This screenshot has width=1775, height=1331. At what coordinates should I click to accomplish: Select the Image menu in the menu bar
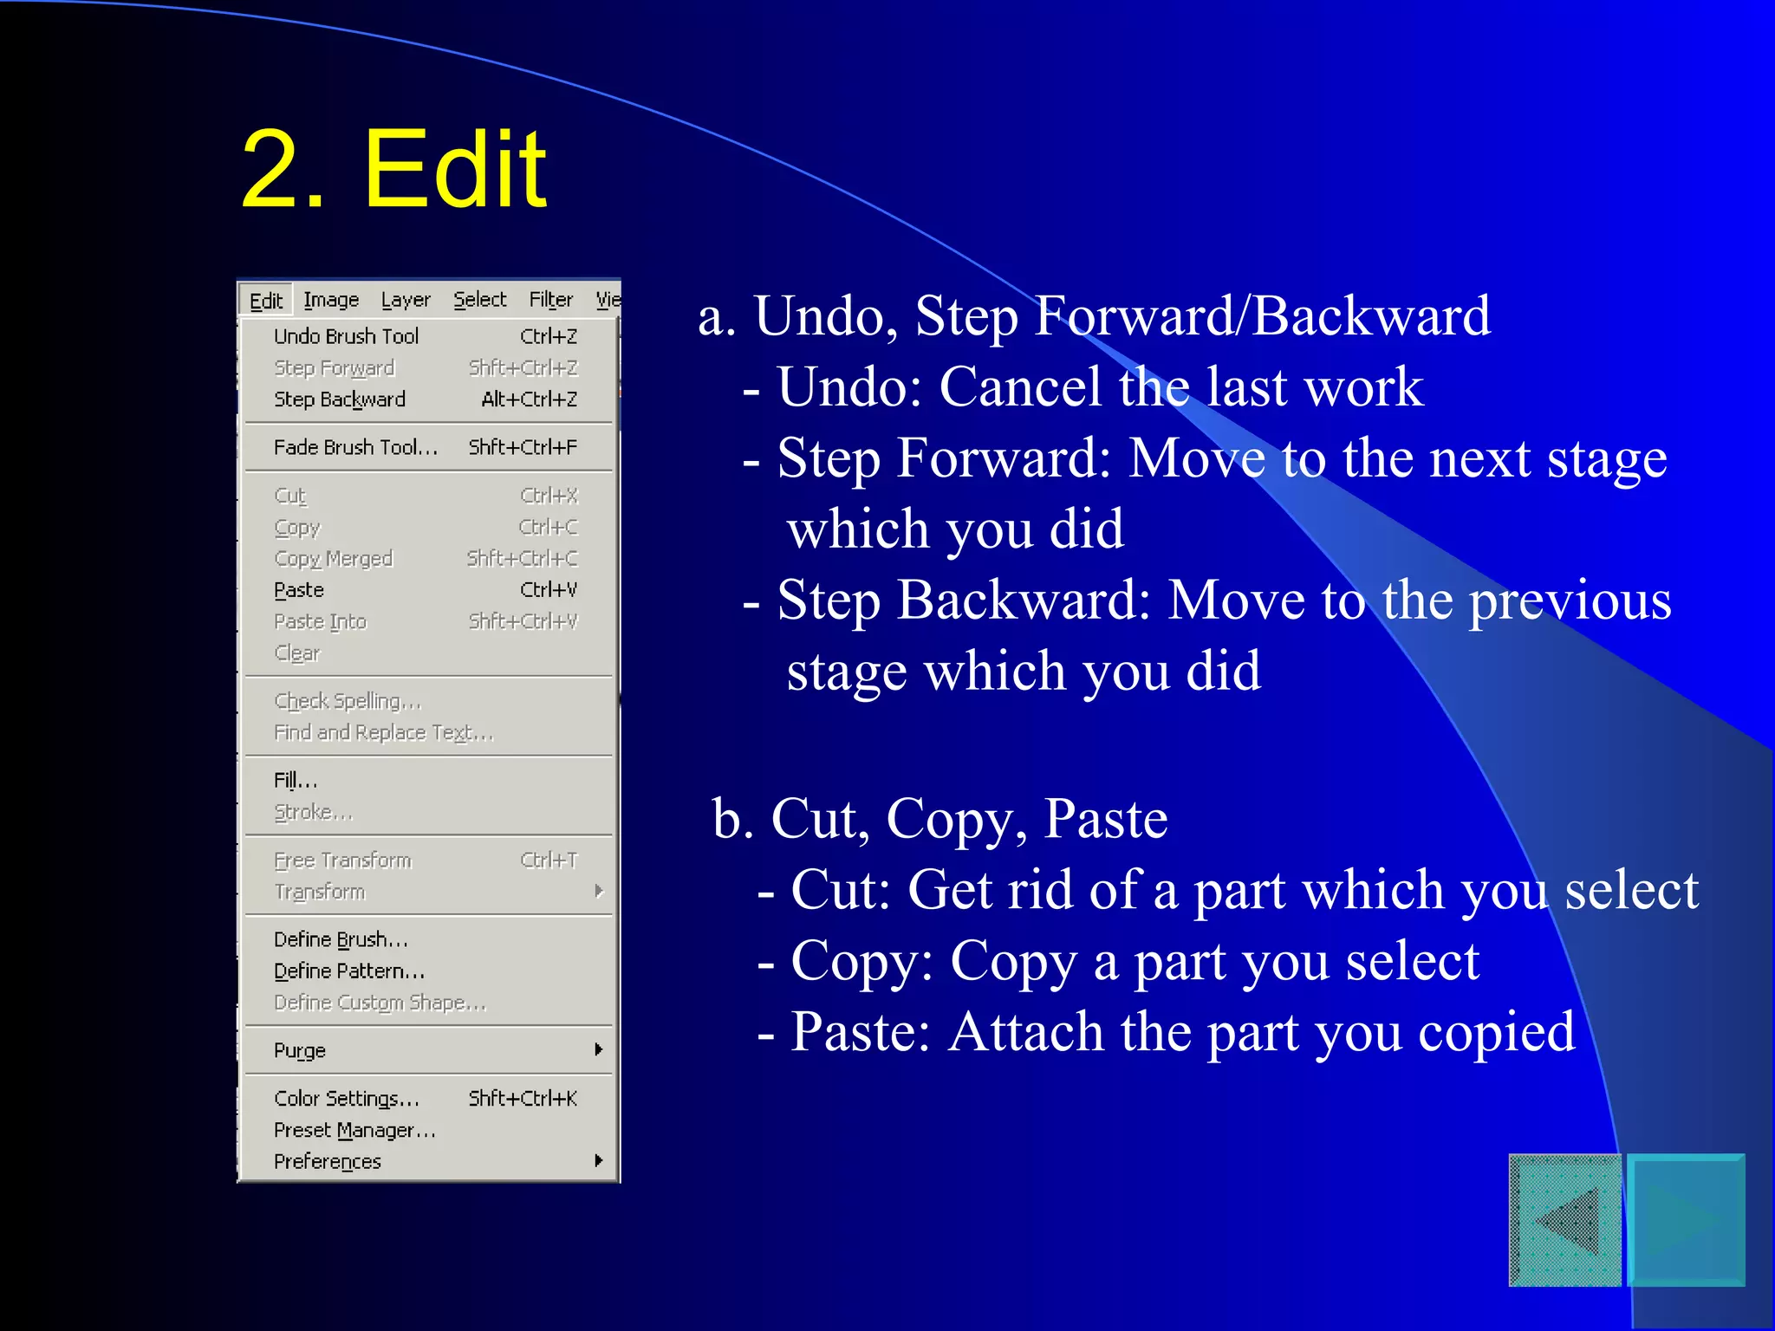(x=331, y=300)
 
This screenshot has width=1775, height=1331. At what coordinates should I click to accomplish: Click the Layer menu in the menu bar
(x=406, y=300)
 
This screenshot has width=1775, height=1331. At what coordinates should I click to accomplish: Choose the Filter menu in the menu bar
(x=551, y=300)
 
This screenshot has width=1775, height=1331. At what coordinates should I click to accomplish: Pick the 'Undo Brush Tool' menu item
(x=346, y=336)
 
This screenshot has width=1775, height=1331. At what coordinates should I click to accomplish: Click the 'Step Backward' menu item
(x=339, y=399)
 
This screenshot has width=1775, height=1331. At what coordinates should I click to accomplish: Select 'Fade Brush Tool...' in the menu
(x=355, y=447)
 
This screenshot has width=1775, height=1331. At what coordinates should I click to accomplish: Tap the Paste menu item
(x=299, y=590)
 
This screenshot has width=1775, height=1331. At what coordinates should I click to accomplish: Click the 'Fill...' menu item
(x=296, y=781)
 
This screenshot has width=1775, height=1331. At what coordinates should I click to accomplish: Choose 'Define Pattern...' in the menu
(x=349, y=971)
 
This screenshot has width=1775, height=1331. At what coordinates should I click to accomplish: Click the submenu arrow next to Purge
(x=599, y=1050)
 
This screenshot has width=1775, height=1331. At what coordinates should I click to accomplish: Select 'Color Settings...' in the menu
(x=347, y=1099)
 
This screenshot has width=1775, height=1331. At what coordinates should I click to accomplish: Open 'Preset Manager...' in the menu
(x=354, y=1131)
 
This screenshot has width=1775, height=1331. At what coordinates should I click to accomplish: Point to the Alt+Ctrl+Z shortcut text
(x=529, y=399)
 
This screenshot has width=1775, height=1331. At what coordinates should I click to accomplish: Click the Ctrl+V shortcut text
(x=548, y=590)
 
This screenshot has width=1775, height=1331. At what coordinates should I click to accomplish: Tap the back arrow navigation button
(x=1565, y=1220)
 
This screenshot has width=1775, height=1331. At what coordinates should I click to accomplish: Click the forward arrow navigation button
(x=1687, y=1220)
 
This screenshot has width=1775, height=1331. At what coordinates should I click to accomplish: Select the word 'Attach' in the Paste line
(x=1026, y=1032)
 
